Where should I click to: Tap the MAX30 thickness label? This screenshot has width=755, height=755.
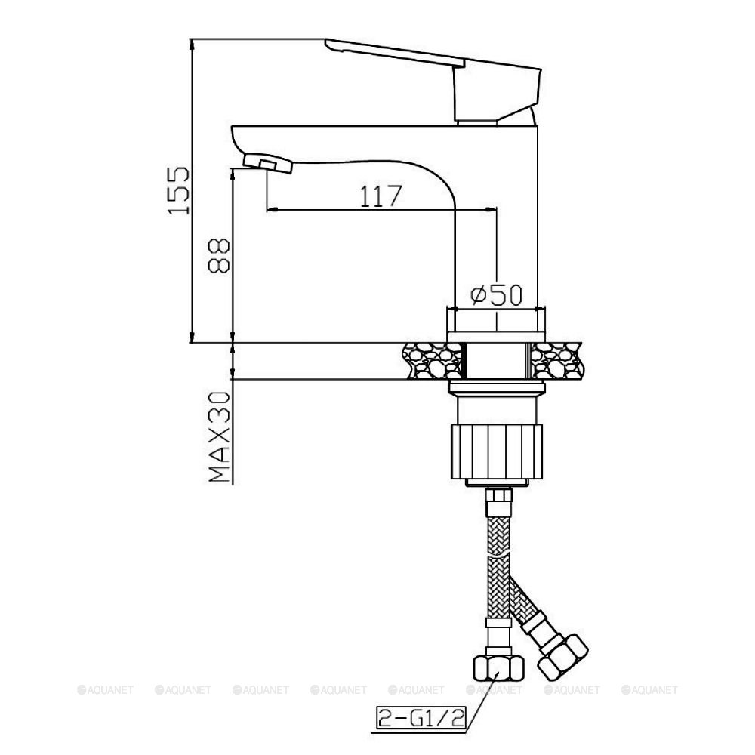[220, 436]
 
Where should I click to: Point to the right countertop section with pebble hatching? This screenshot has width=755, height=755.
[559, 361]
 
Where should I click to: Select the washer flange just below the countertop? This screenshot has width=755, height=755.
[495, 389]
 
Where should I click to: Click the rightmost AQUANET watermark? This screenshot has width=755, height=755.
[650, 689]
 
